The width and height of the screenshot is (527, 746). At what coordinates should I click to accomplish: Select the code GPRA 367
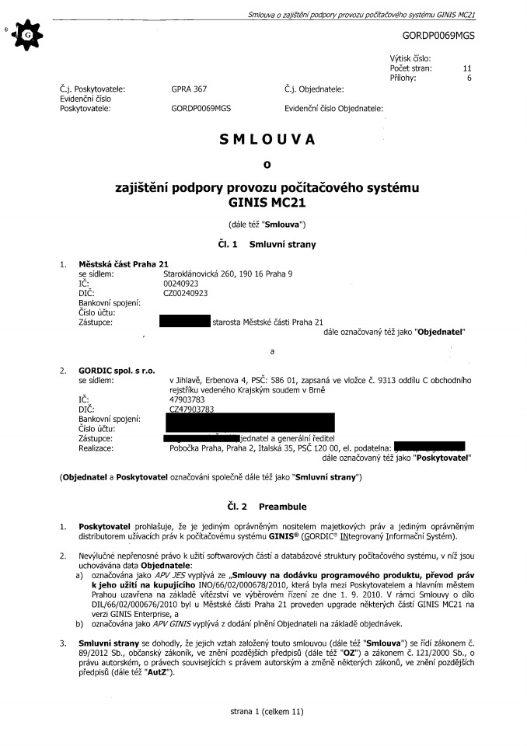click(x=189, y=89)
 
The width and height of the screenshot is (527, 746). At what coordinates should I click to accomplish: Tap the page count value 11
click(x=467, y=68)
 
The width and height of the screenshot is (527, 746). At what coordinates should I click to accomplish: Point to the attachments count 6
click(x=469, y=78)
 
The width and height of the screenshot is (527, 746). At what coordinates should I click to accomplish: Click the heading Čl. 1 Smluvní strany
click(x=267, y=244)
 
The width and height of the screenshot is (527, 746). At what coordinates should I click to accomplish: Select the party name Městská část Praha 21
click(x=124, y=264)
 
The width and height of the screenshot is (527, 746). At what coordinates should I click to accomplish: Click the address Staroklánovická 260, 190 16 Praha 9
click(x=228, y=274)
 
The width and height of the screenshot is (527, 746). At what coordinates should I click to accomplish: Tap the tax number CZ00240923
click(x=187, y=293)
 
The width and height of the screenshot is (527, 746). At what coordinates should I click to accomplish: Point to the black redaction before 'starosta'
click(x=184, y=321)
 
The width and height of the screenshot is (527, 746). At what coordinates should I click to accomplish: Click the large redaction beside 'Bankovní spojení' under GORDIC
click(x=250, y=423)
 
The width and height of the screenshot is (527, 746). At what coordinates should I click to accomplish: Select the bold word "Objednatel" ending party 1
click(x=440, y=331)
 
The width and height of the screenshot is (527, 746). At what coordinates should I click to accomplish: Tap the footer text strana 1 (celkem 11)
click(x=266, y=710)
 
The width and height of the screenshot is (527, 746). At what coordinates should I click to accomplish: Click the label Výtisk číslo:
click(x=410, y=59)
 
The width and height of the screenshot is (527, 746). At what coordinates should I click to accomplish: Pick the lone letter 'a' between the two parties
click(x=271, y=351)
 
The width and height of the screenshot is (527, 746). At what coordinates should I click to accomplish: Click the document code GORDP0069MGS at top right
click(x=438, y=36)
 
